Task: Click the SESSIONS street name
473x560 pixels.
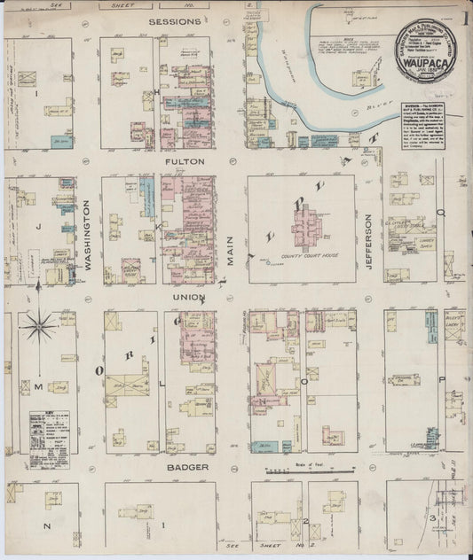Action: click(175, 21)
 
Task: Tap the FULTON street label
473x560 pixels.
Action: click(184, 162)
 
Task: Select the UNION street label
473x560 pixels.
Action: click(188, 297)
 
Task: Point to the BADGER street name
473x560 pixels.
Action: click(186, 466)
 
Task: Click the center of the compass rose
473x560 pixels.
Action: click(39, 327)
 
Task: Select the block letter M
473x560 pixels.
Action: click(38, 386)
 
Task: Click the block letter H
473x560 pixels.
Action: click(156, 91)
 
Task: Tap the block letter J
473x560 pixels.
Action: click(38, 227)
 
